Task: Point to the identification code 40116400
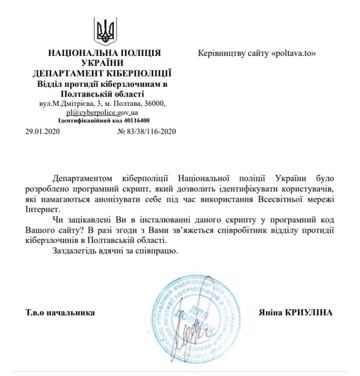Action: (x=132, y=121)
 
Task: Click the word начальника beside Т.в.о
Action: (x=72, y=313)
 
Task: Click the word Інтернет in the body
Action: (x=39, y=209)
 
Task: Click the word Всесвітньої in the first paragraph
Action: (x=276, y=199)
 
